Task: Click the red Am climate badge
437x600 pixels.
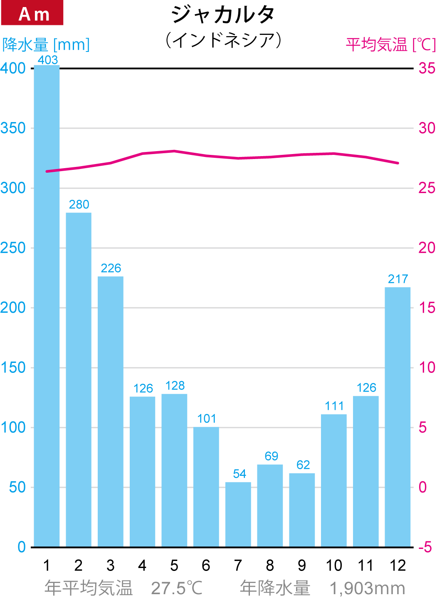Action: (x=32, y=13)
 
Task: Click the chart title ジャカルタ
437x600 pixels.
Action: (x=223, y=15)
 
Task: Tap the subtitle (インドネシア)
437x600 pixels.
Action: (x=223, y=40)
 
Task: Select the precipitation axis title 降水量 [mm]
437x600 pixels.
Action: (x=46, y=45)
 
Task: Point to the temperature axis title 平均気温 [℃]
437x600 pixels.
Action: (x=390, y=44)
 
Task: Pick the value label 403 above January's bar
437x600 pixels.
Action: (x=48, y=60)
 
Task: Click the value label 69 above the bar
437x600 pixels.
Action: (x=271, y=456)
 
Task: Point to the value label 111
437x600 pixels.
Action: (x=334, y=406)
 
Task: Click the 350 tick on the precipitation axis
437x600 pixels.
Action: (x=13, y=128)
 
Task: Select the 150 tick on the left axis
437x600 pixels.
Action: (x=13, y=368)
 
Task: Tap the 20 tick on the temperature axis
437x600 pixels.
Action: (x=427, y=248)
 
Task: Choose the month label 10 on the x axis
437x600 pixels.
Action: (x=334, y=566)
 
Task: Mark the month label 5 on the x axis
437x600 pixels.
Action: (x=174, y=566)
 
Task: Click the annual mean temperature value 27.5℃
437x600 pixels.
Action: (x=177, y=588)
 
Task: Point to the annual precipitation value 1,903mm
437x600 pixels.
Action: (x=367, y=588)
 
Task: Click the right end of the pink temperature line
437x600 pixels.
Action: (x=398, y=163)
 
